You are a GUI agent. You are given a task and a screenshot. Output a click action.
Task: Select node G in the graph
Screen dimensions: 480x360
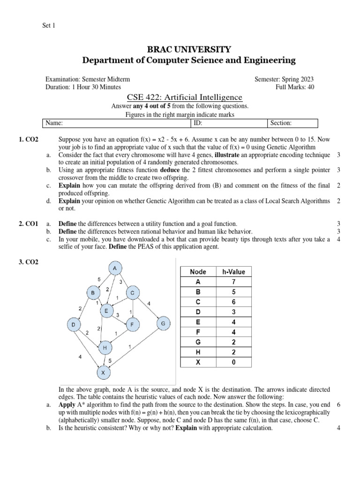pyautogui.click(x=163, y=323)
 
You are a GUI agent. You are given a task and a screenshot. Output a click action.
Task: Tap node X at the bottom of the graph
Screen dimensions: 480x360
pyautogui.click(x=104, y=373)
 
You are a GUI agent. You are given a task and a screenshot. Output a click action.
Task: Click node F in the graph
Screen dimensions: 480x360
pyautogui.click(x=132, y=324)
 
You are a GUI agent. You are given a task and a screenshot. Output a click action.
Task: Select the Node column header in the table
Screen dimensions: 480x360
pyautogui.click(x=198, y=272)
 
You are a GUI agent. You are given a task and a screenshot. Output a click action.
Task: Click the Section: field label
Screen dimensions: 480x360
pyautogui.click(x=281, y=123)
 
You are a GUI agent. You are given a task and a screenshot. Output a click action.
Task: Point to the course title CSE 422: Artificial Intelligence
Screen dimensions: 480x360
pyautogui.click(x=185, y=97)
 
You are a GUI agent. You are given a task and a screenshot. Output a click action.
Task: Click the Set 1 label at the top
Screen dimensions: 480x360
pyautogui.click(x=49, y=26)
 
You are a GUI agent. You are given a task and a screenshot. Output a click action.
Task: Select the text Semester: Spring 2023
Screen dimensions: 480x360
pyautogui.click(x=284, y=80)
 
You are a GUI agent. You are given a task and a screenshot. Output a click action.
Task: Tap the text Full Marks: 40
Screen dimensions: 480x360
pyautogui.click(x=295, y=87)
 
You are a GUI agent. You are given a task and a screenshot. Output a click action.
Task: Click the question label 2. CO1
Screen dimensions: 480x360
pyautogui.click(x=29, y=225)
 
